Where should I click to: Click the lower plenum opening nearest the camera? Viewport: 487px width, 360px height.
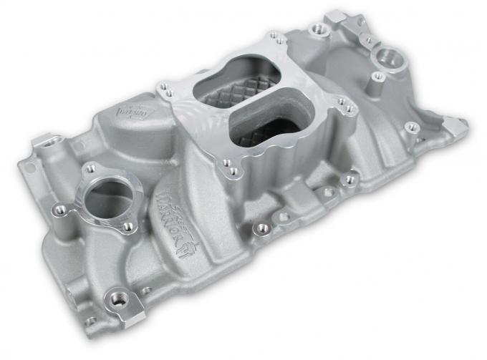272,125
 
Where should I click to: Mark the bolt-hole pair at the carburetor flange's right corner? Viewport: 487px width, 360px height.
349,107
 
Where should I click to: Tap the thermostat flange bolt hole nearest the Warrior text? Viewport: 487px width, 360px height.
129,226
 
